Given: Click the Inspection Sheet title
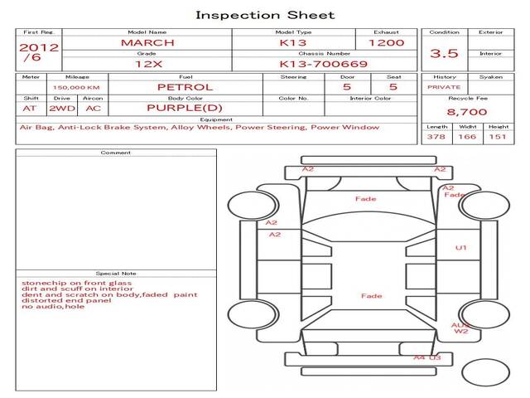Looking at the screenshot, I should pyautogui.click(x=264, y=15).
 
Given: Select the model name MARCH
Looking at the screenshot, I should pyautogui.click(x=147, y=42).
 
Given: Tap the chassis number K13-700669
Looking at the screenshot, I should pyautogui.click(x=312, y=63).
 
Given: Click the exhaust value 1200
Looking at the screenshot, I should pyautogui.click(x=386, y=42).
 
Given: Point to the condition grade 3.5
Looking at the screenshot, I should pyautogui.click(x=444, y=53).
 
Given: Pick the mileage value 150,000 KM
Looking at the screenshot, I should pyautogui.click(x=76, y=87).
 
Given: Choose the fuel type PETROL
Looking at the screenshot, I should pyautogui.click(x=185, y=86).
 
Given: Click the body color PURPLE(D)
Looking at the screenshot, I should pyautogui.click(x=185, y=108).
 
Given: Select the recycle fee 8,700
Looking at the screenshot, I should pyautogui.click(x=466, y=112).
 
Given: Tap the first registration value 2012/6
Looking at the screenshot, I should pyautogui.click(x=38, y=52).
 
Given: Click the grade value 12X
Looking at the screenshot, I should pyautogui.click(x=147, y=63).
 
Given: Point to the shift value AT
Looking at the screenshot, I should pyautogui.click(x=30, y=108).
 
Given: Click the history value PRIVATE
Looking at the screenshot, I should pyautogui.click(x=444, y=86).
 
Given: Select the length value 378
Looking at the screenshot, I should pyautogui.click(x=436, y=137).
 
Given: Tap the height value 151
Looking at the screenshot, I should pyautogui.click(x=498, y=137).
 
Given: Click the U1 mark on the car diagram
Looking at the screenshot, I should pyautogui.click(x=461, y=248).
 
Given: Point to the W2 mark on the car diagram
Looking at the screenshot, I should pyautogui.click(x=461, y=332).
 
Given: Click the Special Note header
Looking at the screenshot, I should pyautogui.click(x=117, y=274).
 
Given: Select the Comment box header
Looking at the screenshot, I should pyautogui.click(x=117, y=153).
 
